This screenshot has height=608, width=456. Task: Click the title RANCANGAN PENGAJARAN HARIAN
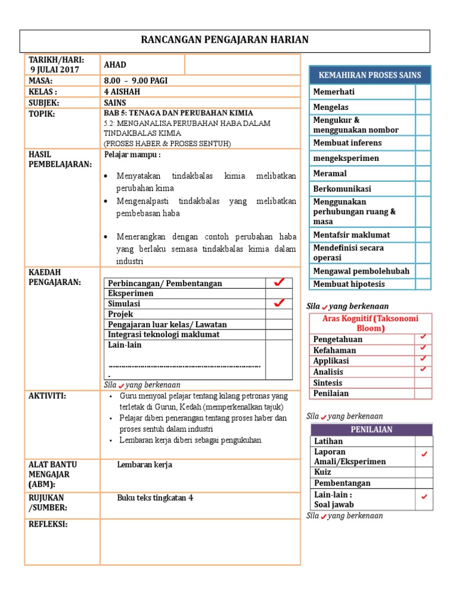coord(225,40)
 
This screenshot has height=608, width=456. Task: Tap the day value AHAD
coord(115,65)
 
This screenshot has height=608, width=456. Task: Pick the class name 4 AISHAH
coord(123,91)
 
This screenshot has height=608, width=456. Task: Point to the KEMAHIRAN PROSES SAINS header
coord(370,75)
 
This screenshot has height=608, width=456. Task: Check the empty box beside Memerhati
coord(423,92)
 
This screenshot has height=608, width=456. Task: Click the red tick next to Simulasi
coord(278,303)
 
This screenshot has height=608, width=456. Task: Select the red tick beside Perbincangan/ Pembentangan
coord(278,283)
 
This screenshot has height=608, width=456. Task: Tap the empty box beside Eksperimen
coord(278,293)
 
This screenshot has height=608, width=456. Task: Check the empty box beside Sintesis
coord(423,382)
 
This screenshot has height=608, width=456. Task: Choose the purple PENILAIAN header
coord(371,429)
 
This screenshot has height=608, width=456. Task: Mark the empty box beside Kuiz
coord(423,472)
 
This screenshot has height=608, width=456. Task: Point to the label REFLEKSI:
coord(48,524)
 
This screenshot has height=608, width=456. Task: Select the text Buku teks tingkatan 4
coord(155,498)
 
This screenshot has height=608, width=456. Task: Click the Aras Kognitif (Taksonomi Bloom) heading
coord(370,323)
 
